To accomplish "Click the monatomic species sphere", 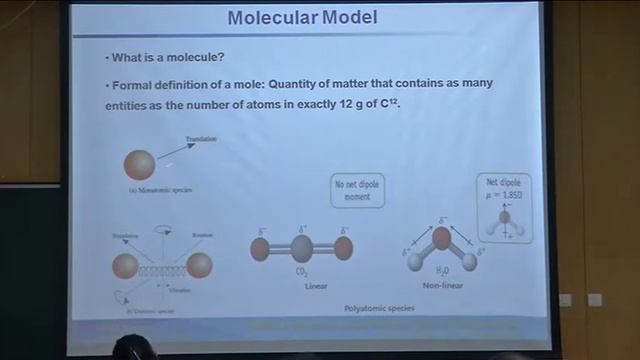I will (x=140, y=164).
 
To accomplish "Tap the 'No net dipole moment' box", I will (x=358, y=190).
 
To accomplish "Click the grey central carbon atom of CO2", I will (x=301, y=248).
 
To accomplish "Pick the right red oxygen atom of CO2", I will (x=343, y=248).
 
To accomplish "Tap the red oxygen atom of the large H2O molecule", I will (x=441, y=239).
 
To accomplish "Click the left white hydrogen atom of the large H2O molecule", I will (x=415, y=262).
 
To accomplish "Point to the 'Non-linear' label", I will (x=442, y=285).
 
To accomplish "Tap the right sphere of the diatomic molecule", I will (x=200, y=266).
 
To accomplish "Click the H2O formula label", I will (x=440, y=271).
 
